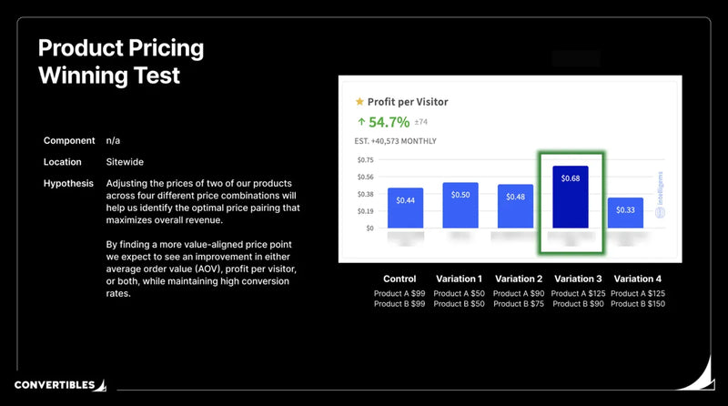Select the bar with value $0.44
(x=405, y=208)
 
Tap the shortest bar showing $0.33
(x=625, y=212)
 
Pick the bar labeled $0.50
(x=460, y=205)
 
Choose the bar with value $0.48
(x=515, y=206)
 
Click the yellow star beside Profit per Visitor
(x=359, y=102)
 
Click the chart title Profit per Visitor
(x=407, y=102)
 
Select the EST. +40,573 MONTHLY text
(x=395, y=141)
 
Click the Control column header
(x=399, y=279)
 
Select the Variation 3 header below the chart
(x=578, y=279)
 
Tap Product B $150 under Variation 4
(x=637, y=304)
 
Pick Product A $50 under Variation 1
(x=459, y=294)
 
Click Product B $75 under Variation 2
(x=518, y=304)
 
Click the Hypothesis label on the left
(x=68, y=184)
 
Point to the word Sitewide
(x=126, y=162)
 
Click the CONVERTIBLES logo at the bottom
(x=55, y=385)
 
